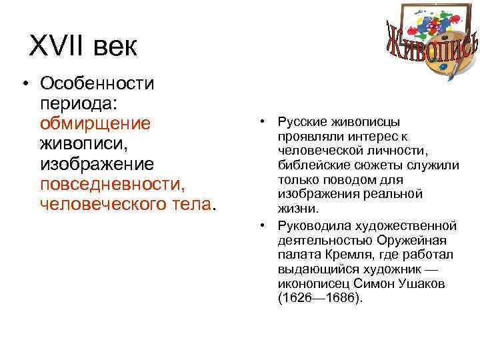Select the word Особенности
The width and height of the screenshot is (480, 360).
coord(97,83)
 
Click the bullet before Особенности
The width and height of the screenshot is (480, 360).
coord(25,84)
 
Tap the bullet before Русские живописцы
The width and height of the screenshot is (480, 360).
coord(263,123)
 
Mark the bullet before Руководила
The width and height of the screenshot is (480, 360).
coord(263,225)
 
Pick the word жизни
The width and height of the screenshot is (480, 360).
coord(293,208)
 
